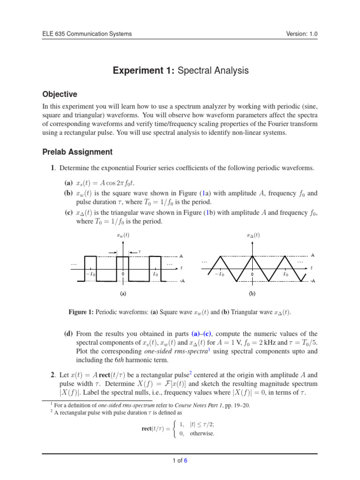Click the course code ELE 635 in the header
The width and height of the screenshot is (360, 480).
pos(53,34)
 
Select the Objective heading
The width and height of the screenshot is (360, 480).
pos(59,94)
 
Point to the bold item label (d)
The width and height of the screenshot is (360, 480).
pos(68,334)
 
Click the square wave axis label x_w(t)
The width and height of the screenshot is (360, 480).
pos(122,235)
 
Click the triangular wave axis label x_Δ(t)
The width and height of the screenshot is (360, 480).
pos(253,235)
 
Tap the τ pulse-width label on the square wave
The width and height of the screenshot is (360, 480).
pos(139,252)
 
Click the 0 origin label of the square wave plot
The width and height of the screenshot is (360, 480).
pos(122,274)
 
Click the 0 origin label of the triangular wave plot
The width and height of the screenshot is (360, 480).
pos(252,274)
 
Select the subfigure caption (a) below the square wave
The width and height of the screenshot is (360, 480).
pos(123,294)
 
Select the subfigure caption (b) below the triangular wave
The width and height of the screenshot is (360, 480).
pos(252,294)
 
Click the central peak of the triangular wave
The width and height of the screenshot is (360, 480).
pos(252,256)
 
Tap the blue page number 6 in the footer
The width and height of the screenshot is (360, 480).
pos(185,460)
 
